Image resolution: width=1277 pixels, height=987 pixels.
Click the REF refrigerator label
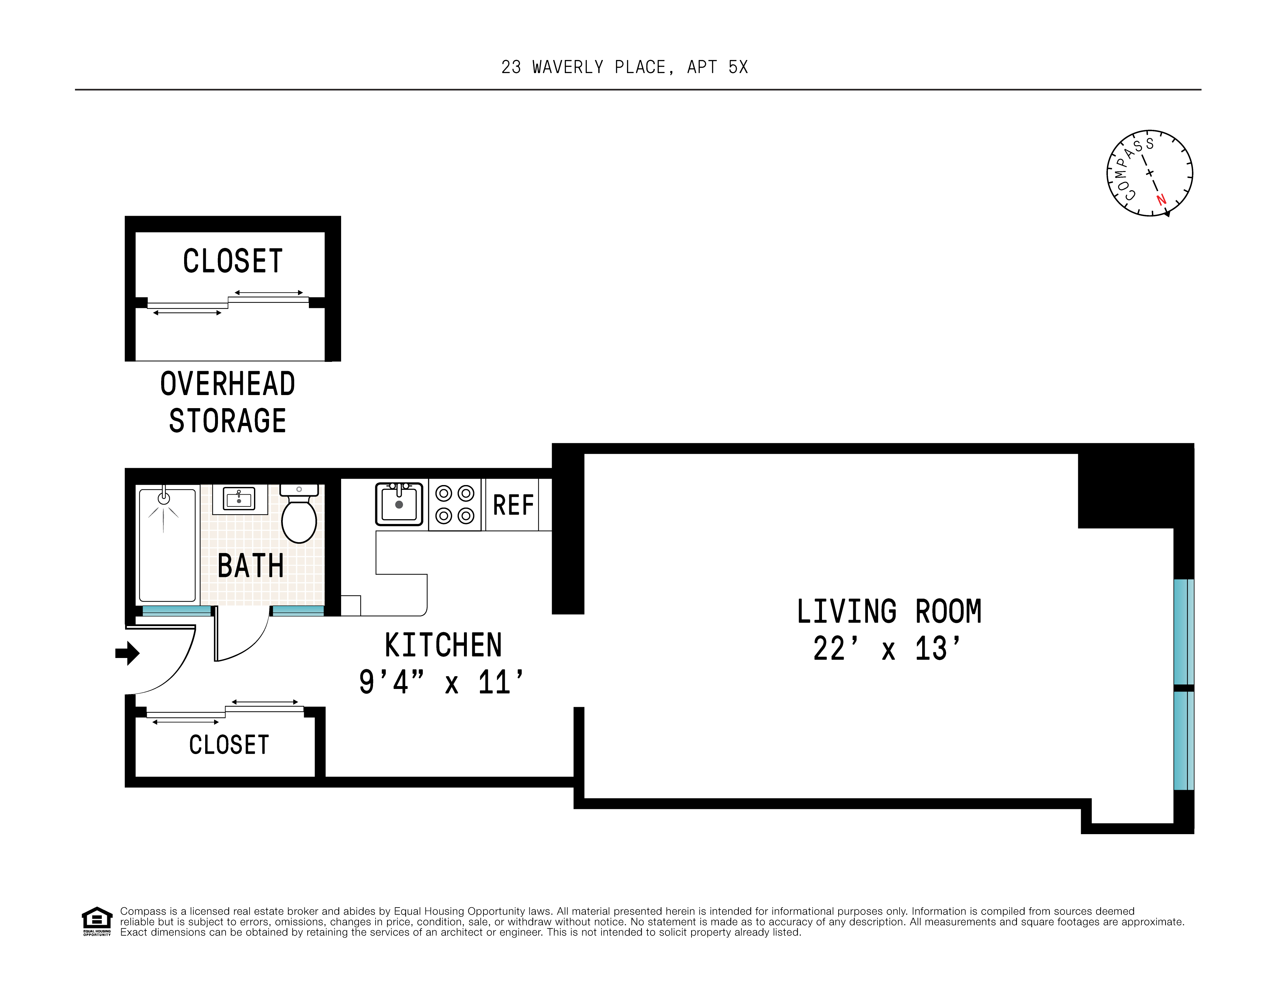coord(513,505)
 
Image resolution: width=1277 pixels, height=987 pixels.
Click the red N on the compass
coord(1161,199)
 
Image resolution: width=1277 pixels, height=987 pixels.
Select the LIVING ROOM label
coord(889,612)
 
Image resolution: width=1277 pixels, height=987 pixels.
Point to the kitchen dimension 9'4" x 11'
coord(441,682)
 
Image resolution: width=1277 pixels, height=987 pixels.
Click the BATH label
coord(250,566)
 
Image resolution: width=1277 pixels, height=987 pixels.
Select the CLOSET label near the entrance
coord(228,745)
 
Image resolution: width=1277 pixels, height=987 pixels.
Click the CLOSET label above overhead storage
coord(233,261)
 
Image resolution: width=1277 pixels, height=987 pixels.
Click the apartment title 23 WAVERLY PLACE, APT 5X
coord(624,67)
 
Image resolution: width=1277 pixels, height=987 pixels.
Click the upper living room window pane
coord(1184,632)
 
